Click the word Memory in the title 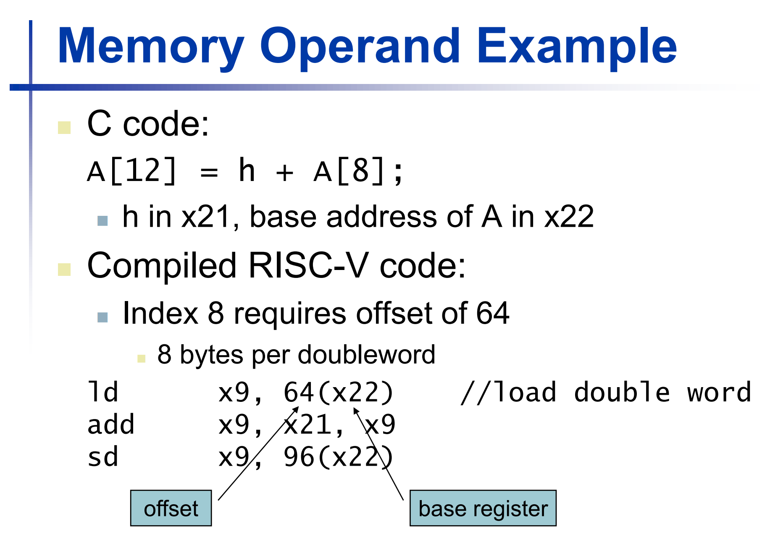point(150,46)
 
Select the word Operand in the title point(360,46)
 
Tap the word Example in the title point(576,46)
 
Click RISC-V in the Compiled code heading point(308,265)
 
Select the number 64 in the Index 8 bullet point(492,313)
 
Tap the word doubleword point(366,355)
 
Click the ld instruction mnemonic point(103,393)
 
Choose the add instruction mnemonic point(111,424)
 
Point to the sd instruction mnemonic point(103,457)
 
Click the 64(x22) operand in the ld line point(339,393)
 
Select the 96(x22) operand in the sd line point(339,457)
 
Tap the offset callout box point(171,508)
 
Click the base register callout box point(483,508)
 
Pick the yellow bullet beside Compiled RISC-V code point(64,270)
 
